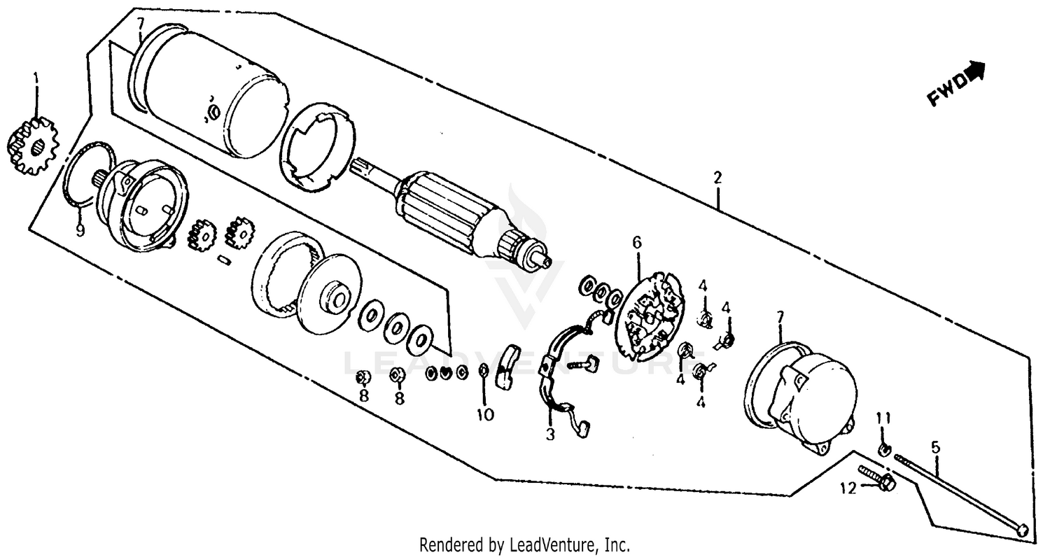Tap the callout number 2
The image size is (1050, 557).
pos(717,178)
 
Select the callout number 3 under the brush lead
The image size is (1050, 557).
pos(550,435)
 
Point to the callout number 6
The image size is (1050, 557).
pos(636,243)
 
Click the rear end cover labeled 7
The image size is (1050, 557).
pos(805,395)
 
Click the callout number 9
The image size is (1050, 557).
pos(80,230)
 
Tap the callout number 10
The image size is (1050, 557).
pos(485,414)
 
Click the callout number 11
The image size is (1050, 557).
pos(884,418)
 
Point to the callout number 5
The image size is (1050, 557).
pos(935,445)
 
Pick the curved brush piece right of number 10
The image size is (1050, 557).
pos(505,364)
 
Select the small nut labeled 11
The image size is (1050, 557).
pos(884,448)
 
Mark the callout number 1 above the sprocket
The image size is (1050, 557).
pos(35,76)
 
